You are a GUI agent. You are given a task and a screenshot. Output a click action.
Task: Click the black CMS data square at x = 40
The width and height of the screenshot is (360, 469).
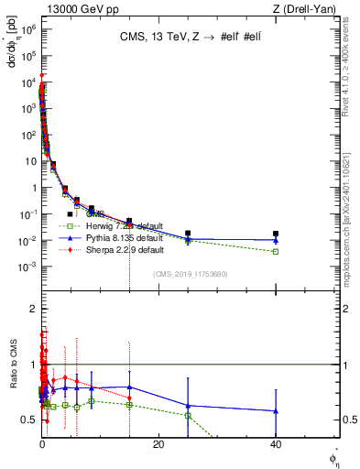click(276, 234)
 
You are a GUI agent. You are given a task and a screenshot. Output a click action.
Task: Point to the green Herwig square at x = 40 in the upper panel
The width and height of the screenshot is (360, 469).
click(276, 251)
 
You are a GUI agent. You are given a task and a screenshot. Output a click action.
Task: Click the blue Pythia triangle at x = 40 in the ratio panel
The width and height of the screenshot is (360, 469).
click(276, 411)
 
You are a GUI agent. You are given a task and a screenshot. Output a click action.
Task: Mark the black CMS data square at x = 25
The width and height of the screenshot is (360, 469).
click(188, 234)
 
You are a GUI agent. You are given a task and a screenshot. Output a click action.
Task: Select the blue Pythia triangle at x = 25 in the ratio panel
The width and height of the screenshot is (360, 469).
click(188, 405)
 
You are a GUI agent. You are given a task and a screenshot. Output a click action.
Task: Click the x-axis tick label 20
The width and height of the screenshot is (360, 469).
click(158, 444)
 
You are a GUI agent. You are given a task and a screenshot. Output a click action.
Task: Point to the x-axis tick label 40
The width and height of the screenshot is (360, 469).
click(276, 444)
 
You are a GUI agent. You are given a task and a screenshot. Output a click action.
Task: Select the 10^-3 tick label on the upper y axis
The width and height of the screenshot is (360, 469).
click(25, 267)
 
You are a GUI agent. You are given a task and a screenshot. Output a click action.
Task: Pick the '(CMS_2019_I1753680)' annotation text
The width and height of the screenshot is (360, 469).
click(189, 273)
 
